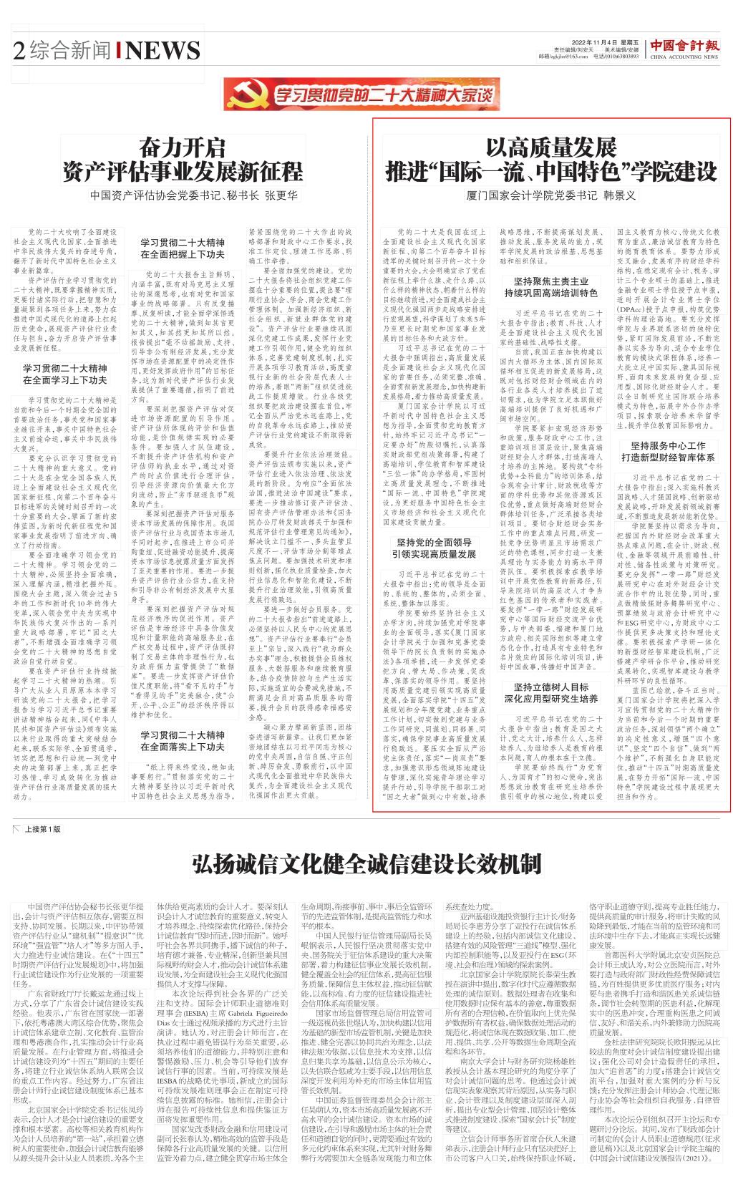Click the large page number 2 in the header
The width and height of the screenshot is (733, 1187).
(19, 50)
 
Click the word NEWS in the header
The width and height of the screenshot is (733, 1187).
(163, 50)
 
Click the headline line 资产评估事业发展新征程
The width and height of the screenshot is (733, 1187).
(182, 172)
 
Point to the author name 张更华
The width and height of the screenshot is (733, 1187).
(281, 195)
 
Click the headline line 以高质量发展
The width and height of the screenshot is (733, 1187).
(550, 148)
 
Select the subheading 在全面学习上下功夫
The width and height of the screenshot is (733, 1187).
(64, 380)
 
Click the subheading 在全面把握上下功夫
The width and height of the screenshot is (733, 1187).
(183, 254)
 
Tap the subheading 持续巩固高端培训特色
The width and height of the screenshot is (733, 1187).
(550, 294)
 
